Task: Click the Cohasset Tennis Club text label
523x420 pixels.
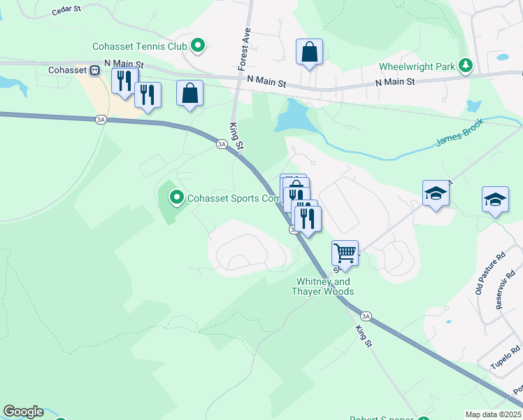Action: click(140, 47)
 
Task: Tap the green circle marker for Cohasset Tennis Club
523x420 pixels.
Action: click(198, 47)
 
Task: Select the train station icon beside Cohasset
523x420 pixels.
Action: click(94, 70)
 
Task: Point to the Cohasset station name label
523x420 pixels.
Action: click(66, 70)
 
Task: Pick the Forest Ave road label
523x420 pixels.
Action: click(244, 49)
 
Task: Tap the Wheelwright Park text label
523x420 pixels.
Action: click(417, 67)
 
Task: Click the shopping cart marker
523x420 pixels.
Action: click(345, 252)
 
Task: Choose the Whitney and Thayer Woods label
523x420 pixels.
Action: click(322, 286)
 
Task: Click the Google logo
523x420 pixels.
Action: click(22, 412)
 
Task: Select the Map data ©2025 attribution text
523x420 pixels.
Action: click(493, 414)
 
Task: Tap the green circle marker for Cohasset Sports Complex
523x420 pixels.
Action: click(176, 198)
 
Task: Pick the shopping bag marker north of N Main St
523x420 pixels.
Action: click(309, 52)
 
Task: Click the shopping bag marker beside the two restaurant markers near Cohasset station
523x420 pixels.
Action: click(190, 93)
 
